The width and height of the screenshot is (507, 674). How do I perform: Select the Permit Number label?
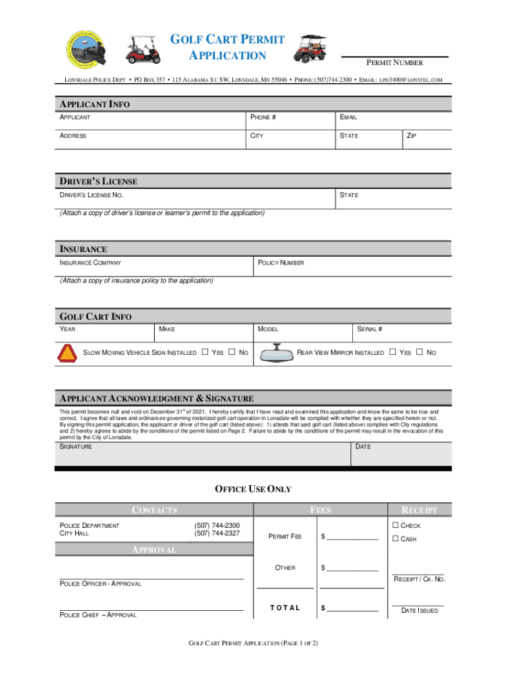(394, 63)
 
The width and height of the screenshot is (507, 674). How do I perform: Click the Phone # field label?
(263, 117)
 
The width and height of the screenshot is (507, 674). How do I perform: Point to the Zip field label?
(412, 136)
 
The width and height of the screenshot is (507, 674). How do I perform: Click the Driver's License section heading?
(99, 181)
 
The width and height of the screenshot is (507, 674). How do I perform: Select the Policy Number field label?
(281, 263)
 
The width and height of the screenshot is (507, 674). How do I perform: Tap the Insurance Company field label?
(90, 263)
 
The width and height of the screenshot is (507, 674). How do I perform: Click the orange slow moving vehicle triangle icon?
(68, 353)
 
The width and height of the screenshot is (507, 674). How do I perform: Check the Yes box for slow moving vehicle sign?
(205, 353)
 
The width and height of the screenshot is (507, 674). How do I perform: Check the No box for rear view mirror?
(419, 353)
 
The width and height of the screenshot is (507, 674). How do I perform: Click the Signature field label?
(76, 447)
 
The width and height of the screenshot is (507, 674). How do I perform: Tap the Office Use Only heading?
(253, 489)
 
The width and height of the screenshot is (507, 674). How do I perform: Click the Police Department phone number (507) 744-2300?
(217, 525)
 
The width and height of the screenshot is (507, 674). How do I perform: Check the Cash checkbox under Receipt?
(396, 540)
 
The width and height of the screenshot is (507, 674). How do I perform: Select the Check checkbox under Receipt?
(396, 525)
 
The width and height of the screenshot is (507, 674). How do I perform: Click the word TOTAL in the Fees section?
(285, 608)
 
